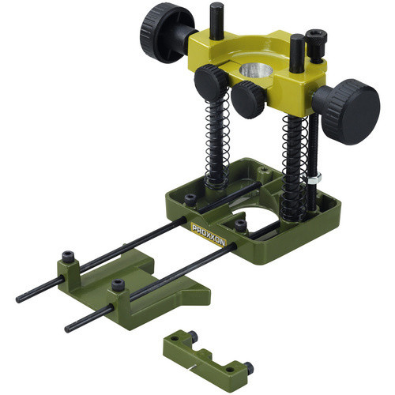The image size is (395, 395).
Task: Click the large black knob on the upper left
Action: (160, 34)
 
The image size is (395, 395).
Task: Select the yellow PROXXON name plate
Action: (209, 235)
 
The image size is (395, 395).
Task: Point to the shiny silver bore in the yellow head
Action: (256, 70)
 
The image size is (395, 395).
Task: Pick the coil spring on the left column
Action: (217, 144)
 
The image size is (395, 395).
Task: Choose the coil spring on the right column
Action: (295, 168)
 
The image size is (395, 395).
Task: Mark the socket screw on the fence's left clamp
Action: (68, 257)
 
